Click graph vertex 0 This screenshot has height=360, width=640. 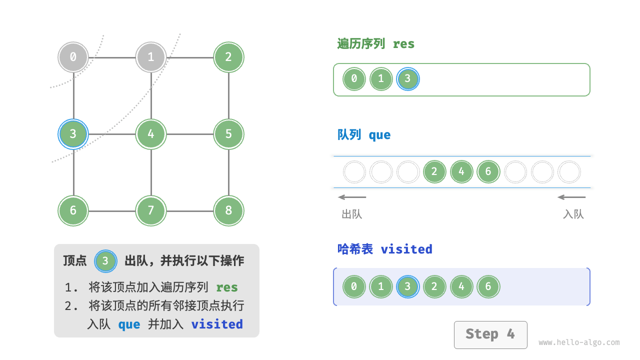coord(73,57)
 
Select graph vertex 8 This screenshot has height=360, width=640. coord(228,210)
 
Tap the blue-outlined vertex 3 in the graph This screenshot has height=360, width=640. coord(73,134)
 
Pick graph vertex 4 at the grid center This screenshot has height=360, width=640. coord(151,134)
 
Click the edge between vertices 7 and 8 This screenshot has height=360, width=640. coord(189,211)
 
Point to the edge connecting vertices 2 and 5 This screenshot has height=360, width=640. coord(228,95)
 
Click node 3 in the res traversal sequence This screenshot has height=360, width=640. coord(407,79)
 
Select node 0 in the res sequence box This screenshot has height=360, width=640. coord(354,79)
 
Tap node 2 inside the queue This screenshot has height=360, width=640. coord(434,172)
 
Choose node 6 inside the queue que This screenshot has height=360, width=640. coord(488,172)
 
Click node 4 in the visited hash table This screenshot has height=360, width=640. coord(461,287)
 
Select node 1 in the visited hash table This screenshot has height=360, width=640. coord(381,287)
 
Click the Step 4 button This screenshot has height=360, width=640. coord(490,334)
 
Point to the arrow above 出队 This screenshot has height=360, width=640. coord(352,197)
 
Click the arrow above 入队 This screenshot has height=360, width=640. coord(571,197)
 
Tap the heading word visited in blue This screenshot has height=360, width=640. coord(406,249)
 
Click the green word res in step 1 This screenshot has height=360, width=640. coord(226,287)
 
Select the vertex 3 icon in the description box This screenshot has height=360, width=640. coord(105,261)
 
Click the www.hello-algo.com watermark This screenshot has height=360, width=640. coord(579,343)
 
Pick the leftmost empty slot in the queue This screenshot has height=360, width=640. coord(354,172)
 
